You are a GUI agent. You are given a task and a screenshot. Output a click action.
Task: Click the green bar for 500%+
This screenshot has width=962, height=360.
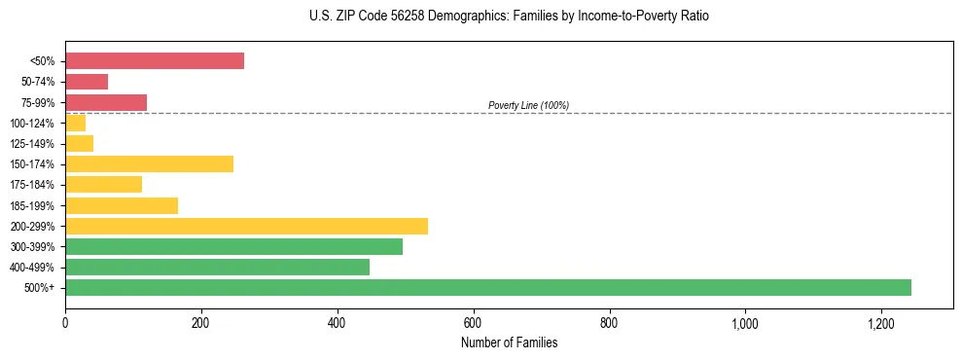[488, 287]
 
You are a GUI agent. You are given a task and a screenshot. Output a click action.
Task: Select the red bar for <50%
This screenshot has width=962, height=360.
[155, 61]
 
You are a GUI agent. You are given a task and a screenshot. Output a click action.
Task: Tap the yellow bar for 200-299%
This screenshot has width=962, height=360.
[246, 226]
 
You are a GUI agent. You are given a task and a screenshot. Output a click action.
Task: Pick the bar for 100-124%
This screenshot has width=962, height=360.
[76, 123]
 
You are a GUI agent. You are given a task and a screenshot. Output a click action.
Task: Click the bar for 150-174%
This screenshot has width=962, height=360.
[149, 163]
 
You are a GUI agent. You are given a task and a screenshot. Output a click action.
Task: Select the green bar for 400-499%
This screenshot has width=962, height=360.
[217, 267]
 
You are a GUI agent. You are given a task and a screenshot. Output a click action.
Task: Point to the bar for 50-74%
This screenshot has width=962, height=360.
[87, 82]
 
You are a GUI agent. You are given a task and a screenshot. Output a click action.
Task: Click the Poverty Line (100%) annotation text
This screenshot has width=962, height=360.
[528, 105]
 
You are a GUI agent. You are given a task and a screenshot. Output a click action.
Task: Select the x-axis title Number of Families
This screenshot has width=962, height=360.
[509, 342]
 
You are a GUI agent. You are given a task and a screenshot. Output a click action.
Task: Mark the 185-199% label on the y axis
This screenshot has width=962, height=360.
[32, 205]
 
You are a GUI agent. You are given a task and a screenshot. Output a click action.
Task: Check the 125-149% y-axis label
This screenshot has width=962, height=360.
[32, 144]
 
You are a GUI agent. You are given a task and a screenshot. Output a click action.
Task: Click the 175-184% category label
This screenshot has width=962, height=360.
[32, 185]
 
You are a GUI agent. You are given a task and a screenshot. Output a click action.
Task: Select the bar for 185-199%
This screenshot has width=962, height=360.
[122, 205]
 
